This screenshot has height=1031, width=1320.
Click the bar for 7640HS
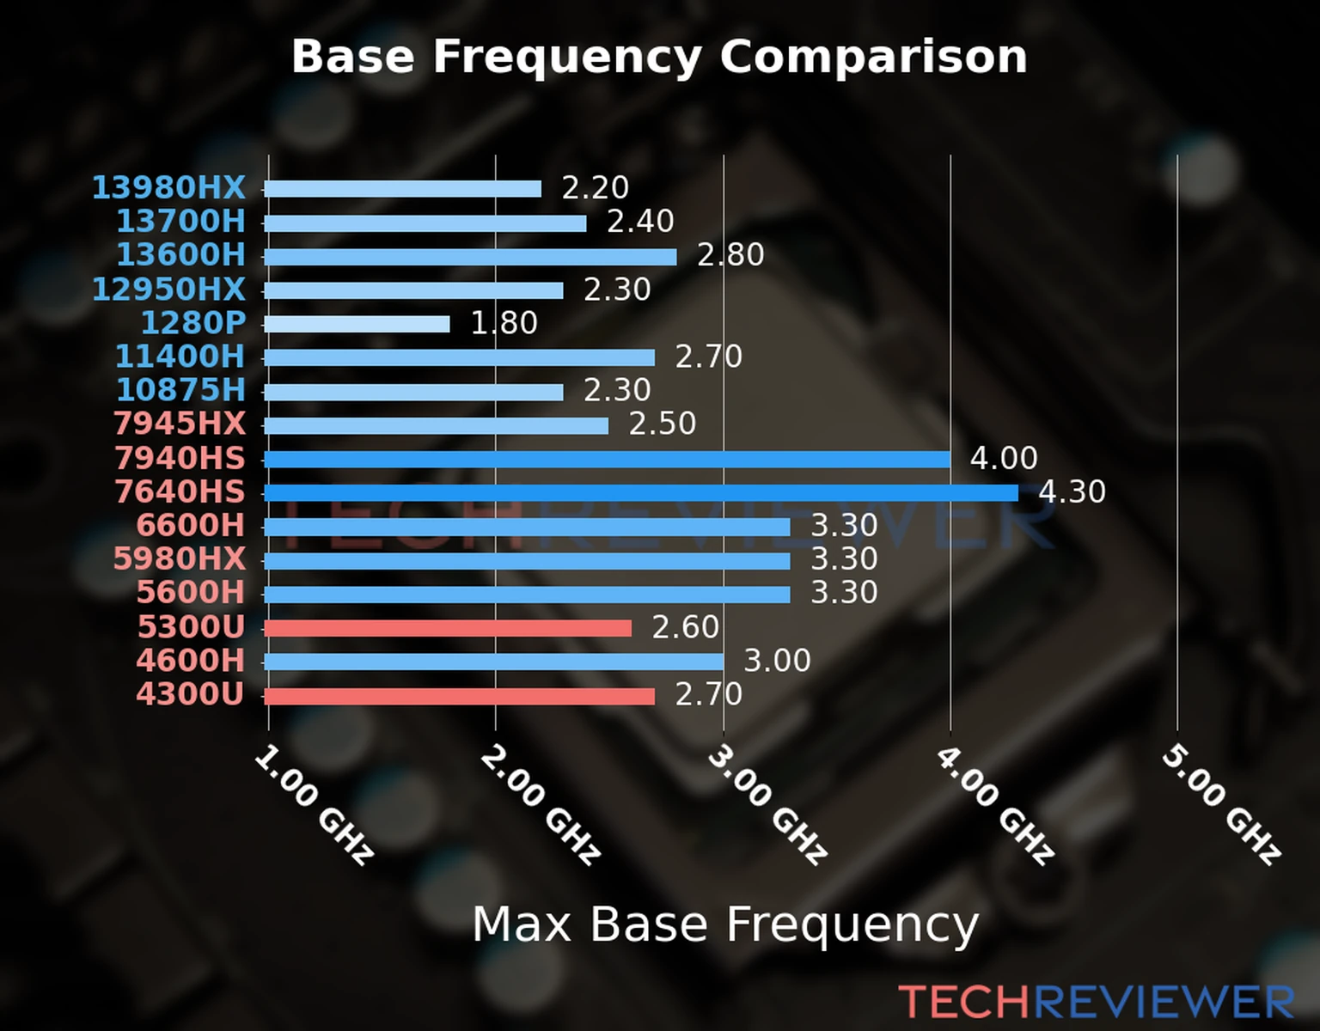pos(640,493)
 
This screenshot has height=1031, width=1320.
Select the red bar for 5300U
pos(447,628)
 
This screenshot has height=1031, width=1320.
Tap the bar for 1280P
pos(357,324)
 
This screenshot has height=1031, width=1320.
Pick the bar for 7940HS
pos(607,460)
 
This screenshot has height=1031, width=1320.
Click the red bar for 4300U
pos(459,695)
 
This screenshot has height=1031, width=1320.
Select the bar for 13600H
pos(470,256)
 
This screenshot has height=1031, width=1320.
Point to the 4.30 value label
pos(1072,492)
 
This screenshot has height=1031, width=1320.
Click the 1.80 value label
pos(504,323)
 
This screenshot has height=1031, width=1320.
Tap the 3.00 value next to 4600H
pos(777,661)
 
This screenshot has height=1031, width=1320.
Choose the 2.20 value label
pos(595,187)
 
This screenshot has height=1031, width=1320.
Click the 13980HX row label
pos(168,187)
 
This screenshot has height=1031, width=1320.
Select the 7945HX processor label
pos(180,424)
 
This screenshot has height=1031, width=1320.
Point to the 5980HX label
pos(180,558)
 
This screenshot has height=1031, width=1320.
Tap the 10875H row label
pos(180,390)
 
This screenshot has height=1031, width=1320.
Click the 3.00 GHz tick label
pos(767,804)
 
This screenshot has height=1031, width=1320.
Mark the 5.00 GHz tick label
pos(1220,804)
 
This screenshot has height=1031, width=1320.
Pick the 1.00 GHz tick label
pos(313,804)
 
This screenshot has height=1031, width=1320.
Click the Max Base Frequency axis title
pos(725,925)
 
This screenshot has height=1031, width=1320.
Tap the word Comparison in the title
pos(873,57)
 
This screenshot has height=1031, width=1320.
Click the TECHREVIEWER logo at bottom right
pos(1096,1003)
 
